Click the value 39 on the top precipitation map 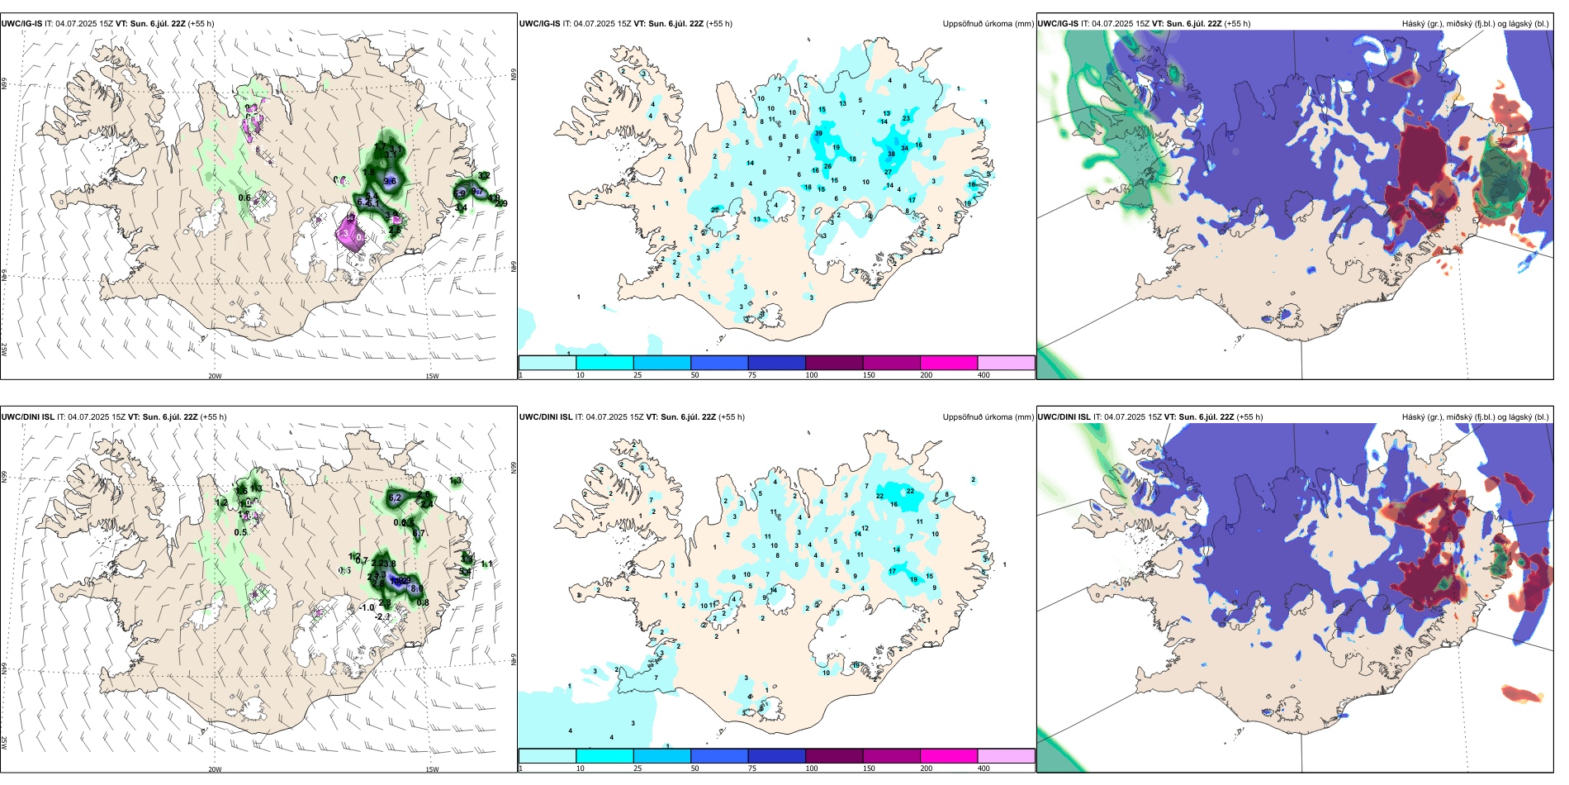tap(818, 133)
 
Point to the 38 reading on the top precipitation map tap(891, 154)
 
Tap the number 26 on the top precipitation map tap(827, 166)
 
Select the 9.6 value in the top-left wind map tap(391, 182)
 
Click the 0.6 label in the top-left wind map tap(244, 197)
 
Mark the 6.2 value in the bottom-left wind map tap(395, 497)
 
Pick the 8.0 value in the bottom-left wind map tap(416, 588)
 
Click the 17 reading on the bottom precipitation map tap(892, 571)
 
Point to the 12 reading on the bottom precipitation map tap(865, 528)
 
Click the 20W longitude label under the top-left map tap(215, 376)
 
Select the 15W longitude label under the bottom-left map tap(432, 769)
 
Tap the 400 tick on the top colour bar tap(984, 375)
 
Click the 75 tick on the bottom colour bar tap(752, 768)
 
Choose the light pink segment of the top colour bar tap(1006, 363)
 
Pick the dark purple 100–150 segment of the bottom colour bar tap(834, 756)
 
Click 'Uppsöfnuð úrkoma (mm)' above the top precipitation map tap(988, 24)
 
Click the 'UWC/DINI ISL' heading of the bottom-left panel tap(27, 417)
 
